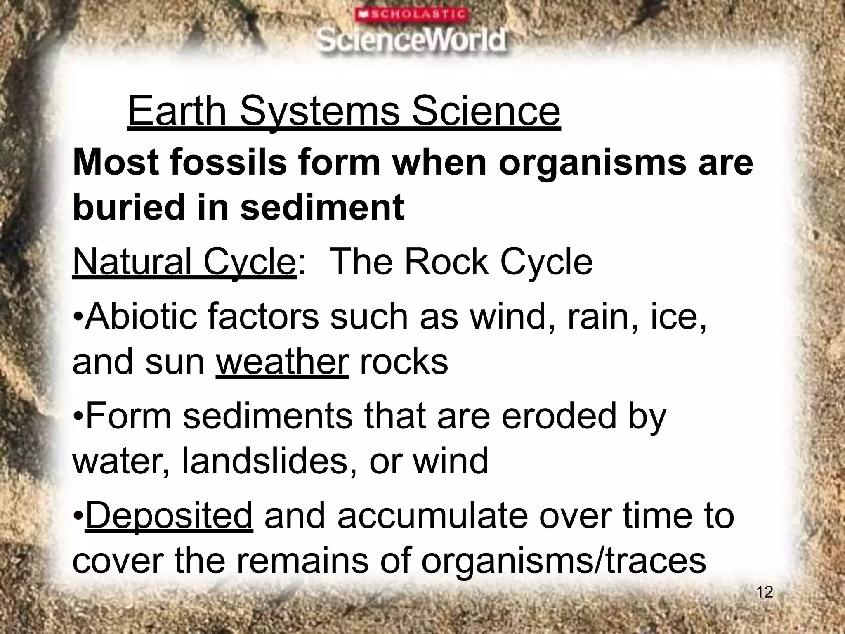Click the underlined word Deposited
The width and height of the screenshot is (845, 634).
[169, 516]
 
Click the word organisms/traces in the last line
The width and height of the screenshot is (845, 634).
[564, 561]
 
